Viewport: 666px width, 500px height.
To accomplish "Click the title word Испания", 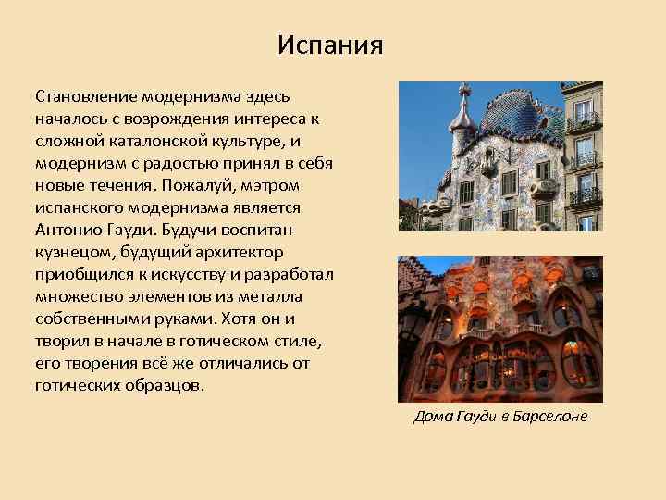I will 329,44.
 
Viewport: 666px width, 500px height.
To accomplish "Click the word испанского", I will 77,207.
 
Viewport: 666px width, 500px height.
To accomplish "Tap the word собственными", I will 90,319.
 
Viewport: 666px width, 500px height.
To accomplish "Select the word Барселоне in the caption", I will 547,417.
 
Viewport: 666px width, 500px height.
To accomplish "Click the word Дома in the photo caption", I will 431,417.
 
